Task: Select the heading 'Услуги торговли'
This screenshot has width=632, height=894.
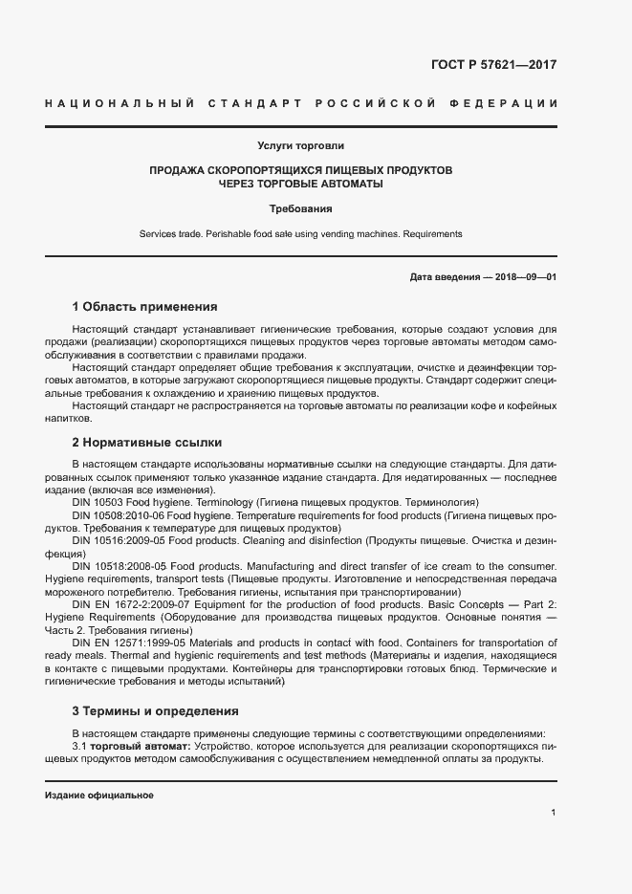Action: click(300, 145)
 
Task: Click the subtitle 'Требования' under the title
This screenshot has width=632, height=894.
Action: click(300, 207)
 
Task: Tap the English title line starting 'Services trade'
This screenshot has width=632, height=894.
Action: click(300, 233)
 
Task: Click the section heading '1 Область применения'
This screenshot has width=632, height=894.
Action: click(144, 307)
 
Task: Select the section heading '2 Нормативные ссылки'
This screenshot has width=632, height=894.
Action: click(146, 443)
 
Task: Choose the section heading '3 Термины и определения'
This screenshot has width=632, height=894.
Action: click(156, 711)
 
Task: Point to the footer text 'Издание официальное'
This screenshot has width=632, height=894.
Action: click(98, 796)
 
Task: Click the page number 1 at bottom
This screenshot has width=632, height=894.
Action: click(554, 812)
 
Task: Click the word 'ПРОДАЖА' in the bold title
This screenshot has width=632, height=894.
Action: click(173, 170)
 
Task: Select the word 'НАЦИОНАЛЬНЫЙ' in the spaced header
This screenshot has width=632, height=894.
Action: click(120, 103)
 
